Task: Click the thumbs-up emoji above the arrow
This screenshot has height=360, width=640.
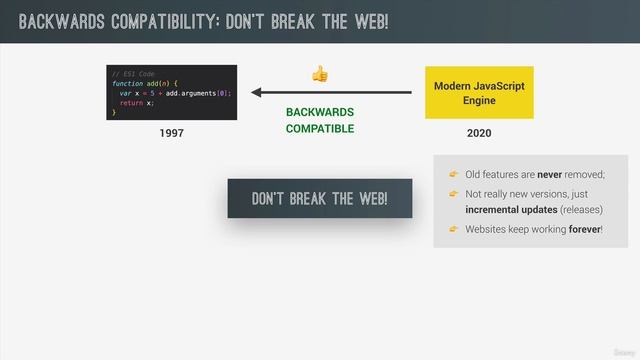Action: coord(320,73)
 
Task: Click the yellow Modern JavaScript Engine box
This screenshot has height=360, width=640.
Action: coord(479,93)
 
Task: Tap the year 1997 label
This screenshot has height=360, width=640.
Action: coord(171,133)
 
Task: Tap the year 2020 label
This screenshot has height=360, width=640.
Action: coord(479,133)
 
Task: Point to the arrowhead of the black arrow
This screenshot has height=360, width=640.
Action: coord(256,93)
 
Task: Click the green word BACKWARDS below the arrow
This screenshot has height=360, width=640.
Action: coord(320,112)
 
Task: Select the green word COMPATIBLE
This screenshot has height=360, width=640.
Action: coord(320,128)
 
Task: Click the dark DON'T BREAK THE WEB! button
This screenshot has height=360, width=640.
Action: coord(320,198)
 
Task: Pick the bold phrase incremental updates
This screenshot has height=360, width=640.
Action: coord(511,211)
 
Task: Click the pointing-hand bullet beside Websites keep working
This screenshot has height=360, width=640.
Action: coord(452,229)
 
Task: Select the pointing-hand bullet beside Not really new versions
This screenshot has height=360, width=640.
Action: coord(452,193)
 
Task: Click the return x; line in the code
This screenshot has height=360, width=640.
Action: coord(137,102)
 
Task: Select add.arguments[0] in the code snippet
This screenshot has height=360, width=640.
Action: coord(196,93)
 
